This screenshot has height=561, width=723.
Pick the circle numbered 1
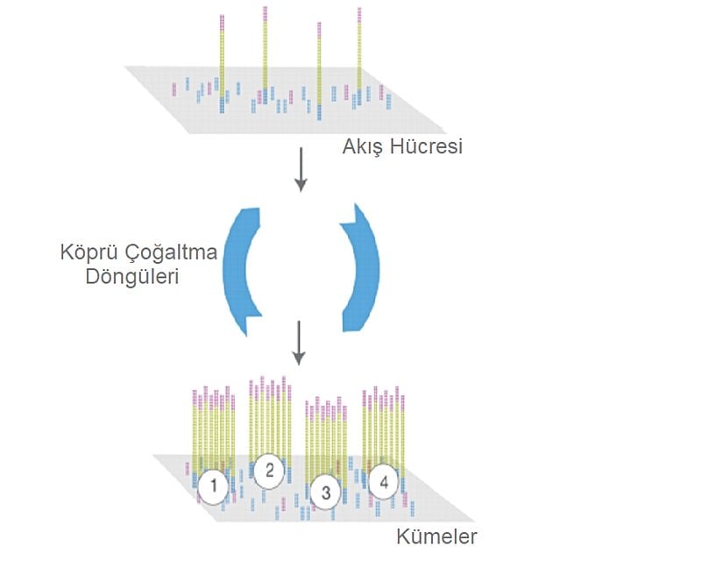coord(213,485)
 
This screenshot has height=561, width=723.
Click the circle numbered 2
coord(270,471)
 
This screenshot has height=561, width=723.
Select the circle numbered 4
coord(383,480)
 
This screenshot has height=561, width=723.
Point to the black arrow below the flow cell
coord(301,169)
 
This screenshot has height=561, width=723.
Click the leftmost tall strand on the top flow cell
coord(222,61)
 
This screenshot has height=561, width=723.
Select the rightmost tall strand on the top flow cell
coord(359,53)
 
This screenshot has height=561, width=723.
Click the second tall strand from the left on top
coord(266,53)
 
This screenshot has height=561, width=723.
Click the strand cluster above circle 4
coord(385,425)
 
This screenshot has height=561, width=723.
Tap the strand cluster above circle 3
coord(326,438)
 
